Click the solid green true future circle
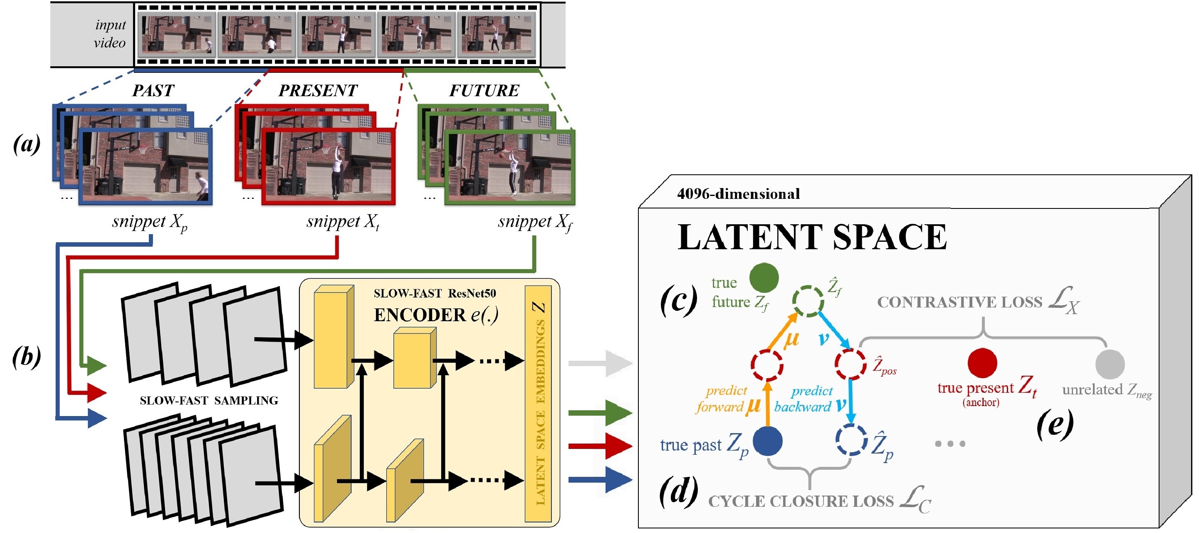pos(764,278)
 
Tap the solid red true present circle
pos(982,363)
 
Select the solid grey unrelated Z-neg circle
pos(1110,364)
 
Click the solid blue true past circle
pos(767,441)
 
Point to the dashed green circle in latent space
pos(808,301)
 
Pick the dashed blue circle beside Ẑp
pos(851,440)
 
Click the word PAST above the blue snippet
pos(153,90)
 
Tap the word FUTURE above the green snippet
pos(484,90)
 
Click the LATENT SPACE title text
pos(812,238)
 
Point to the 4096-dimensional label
pos(738,193)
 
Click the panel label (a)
pos(27,144)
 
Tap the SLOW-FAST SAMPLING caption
pos(209,401)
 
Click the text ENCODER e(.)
pos(436,315)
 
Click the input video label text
pos(110,34)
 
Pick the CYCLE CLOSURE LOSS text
pos(801,501)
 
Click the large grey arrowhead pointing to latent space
pos(619,363)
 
